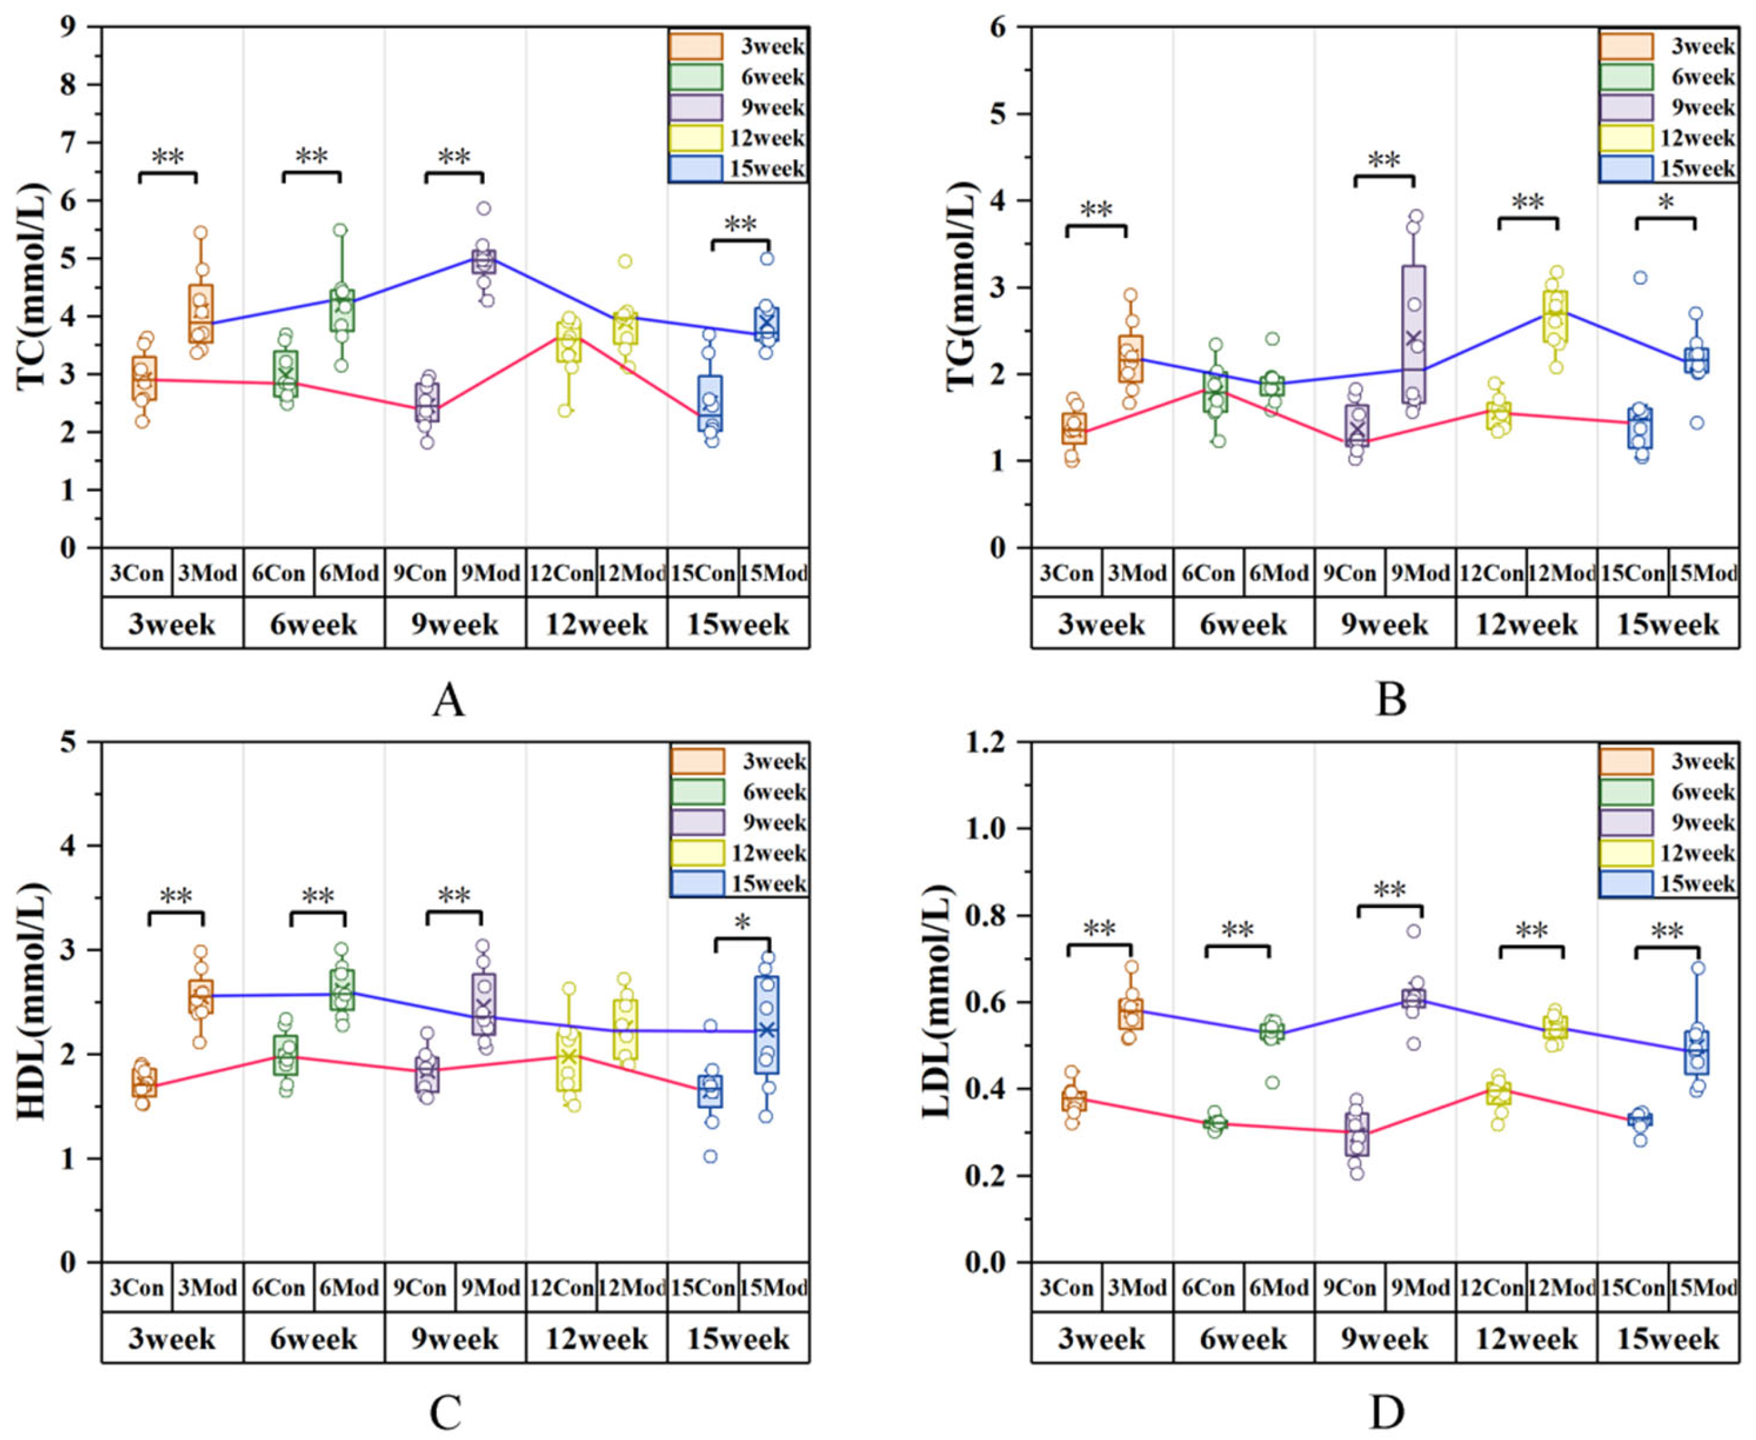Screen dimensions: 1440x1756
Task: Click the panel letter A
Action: (x=448, y=699)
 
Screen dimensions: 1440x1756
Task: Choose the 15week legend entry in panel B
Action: (x=1668, y=169)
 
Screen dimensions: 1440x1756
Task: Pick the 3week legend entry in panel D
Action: (x=1668, y=761)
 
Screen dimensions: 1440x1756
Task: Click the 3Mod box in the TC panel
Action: (x=201, y=313)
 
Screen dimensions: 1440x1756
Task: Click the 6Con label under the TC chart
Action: (x=279, y=573)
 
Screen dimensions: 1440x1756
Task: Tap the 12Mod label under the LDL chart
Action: (x=1562, y=1288)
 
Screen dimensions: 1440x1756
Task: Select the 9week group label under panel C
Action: (x=455, y=1339)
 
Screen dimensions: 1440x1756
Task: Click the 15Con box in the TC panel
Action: (x=709, y=403)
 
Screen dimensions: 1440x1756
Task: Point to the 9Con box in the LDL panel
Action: (x=1357, y=1134)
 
